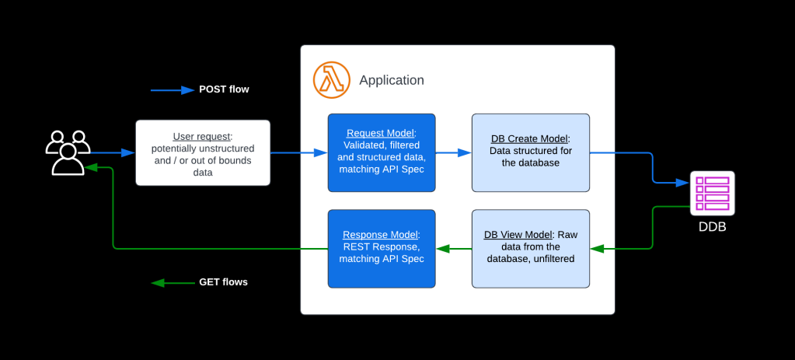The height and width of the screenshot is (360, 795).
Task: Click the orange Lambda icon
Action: (331, 79)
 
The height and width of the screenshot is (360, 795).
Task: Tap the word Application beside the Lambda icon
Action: (392, 80)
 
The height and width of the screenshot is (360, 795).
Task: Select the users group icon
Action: (68, 152)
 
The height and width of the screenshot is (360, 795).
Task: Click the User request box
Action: (203, 152)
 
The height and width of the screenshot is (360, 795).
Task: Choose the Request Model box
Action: (381, 152)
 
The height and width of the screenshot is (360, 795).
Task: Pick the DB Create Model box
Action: (530, 152)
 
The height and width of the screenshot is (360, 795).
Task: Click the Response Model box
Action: (381, 248)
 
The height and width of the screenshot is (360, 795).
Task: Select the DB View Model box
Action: (530, 248)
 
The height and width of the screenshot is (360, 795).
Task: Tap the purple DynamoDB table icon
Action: (712, 194)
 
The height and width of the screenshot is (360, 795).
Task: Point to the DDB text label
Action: (712, 228)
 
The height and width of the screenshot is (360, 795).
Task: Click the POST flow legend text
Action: (224, 89)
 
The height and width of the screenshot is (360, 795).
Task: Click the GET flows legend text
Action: (223, 282)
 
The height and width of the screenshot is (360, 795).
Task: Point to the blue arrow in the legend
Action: (172, 90)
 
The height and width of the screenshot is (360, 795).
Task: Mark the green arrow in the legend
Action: (172, 283)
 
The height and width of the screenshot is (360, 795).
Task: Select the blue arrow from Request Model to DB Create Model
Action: (453, 153)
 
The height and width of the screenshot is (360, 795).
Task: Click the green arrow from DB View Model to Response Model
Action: (453, 249)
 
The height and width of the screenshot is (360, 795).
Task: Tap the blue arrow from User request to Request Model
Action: (298, 153)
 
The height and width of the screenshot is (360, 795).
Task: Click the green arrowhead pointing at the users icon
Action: (90, 166)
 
